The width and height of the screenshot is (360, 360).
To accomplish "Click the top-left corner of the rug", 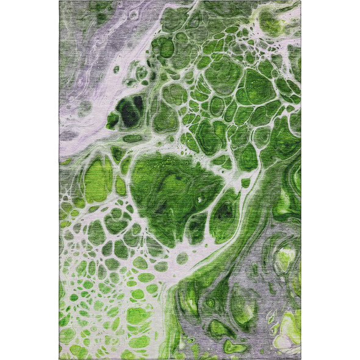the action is (60, 1).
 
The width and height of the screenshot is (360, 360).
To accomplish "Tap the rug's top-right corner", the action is (300, 1).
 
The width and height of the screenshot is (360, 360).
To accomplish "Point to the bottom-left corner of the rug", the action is (60, 359).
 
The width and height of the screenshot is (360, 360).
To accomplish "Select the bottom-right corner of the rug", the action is (300, 359).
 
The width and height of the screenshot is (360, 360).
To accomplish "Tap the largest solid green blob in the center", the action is (168, 183).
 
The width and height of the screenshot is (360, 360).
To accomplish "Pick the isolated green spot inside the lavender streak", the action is (116, 69).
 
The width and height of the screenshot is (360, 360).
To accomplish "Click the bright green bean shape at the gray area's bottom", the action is (235, 347).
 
